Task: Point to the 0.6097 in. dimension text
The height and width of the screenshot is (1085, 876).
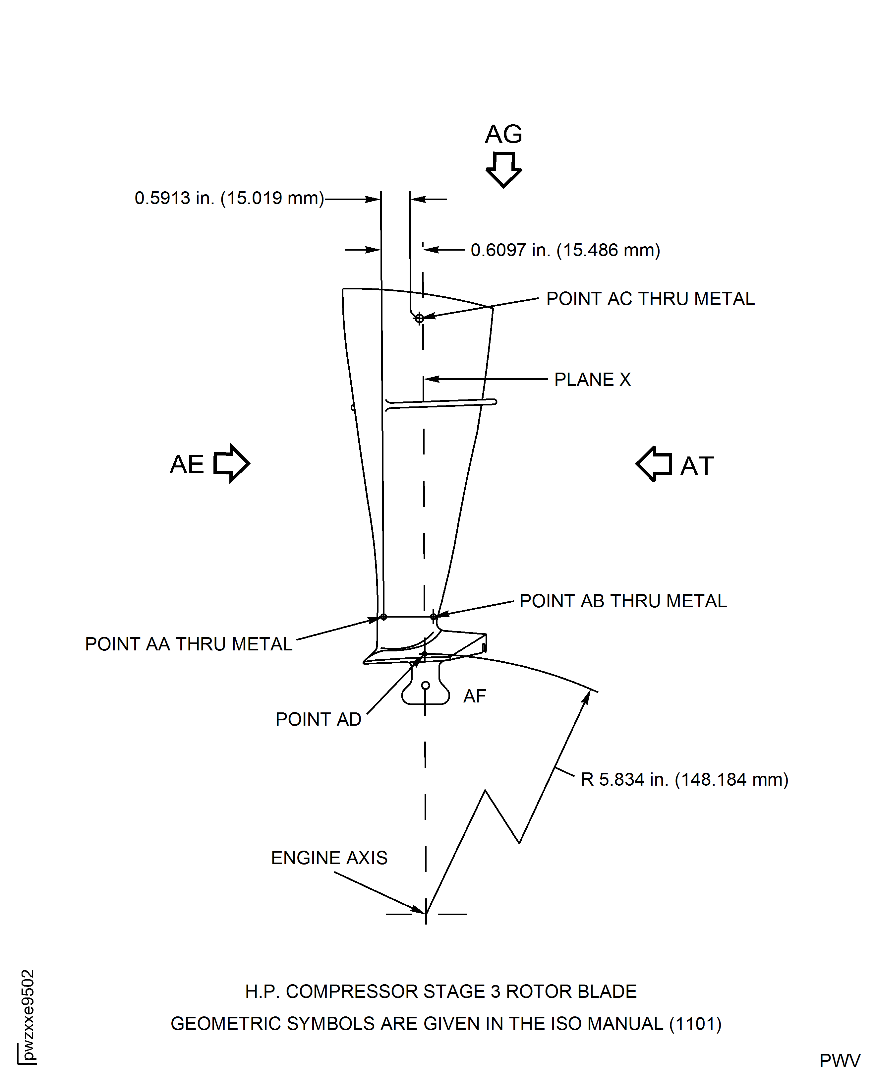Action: tap(565, 250)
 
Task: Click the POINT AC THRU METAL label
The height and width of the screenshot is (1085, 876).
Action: tap(650, 299)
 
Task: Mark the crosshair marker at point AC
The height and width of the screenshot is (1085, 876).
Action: tap(419, 319)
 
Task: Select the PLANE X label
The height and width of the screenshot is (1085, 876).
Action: tap(592, 380)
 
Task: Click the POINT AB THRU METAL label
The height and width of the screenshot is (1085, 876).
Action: tap(623, 601)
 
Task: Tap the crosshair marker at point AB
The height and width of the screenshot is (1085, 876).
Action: tap(434, 617)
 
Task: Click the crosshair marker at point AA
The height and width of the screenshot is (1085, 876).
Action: tap(383, 617)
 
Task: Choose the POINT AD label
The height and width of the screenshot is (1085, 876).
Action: tap(319, 719)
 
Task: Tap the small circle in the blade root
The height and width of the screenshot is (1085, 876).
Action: tap(425, 685)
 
